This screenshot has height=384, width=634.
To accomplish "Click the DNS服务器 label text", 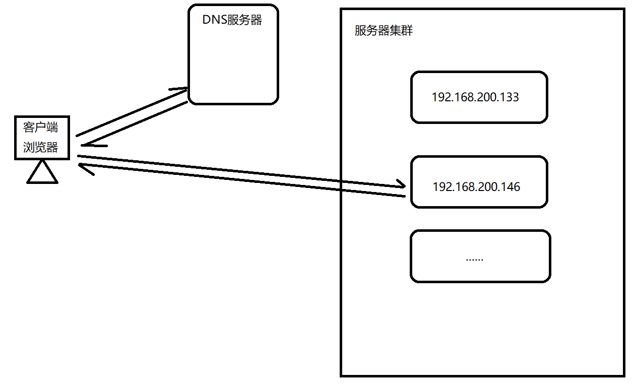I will tap(232, 20).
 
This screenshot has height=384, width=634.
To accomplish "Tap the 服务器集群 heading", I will tap(384, 31).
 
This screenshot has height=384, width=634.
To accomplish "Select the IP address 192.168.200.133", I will tap(475, 97).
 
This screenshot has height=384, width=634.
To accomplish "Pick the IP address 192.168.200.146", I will tap(476, 187).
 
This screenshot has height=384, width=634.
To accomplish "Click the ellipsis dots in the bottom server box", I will tap(474, 259).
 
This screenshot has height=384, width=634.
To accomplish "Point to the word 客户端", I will tap(41, 127).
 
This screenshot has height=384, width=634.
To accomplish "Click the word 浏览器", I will tap(41, 147).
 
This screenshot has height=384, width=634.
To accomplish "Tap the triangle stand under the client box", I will tap(42, 173).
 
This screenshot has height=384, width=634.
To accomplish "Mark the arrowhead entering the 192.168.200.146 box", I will tap(401, 183).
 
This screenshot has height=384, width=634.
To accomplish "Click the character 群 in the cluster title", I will tap(407, 31).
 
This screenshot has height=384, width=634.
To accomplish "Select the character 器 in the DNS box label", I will tap(256, 20).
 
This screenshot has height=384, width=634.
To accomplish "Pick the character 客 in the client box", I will tap(29, 127).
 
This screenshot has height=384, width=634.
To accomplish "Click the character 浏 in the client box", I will tap(29, 147).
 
